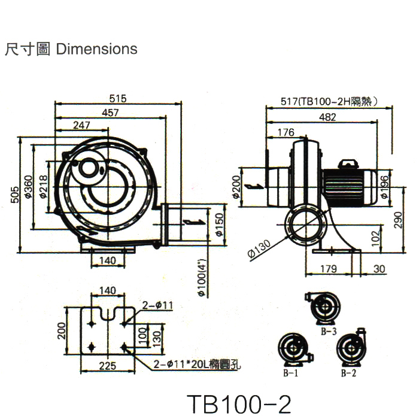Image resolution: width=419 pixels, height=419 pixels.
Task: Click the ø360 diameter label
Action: tap(28, 187)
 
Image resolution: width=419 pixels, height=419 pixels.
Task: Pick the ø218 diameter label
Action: tap(43, 187)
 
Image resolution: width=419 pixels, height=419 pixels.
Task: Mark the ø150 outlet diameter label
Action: tap(218, 223)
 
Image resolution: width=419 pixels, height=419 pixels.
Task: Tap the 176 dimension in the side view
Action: tap(287, 132)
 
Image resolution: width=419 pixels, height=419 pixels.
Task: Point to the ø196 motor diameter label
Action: tap(384, 186)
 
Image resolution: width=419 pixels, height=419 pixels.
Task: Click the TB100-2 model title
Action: tap(239, 404)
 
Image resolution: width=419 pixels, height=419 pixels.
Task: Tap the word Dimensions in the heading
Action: tap(96, 49)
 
